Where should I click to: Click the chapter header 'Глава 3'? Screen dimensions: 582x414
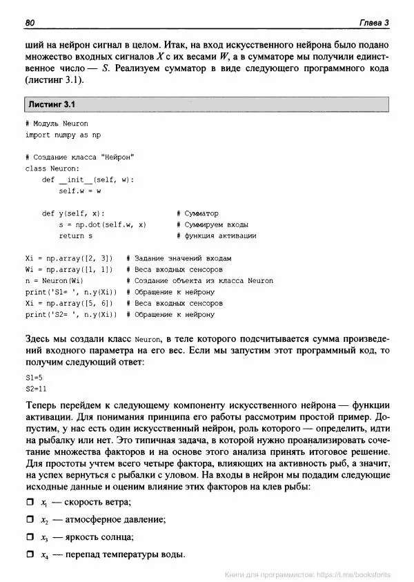(x=374, y=23)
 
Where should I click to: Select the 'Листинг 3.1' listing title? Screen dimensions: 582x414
(x=51, y=104)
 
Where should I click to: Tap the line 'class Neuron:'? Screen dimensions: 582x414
(x=52, y=168)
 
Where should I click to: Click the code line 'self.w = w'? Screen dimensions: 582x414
(x=80, y=191)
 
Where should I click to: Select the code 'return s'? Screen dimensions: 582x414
(x=76, y=235)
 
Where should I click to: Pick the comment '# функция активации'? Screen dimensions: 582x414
(x=216, y=235)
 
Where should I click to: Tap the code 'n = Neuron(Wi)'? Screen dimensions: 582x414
(x=55, y=280)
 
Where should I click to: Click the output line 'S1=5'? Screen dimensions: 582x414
(x=34, y=378)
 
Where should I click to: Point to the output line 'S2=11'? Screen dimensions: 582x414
(x=36, y=389)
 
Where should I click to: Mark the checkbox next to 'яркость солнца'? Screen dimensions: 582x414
(x=30, y=537)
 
